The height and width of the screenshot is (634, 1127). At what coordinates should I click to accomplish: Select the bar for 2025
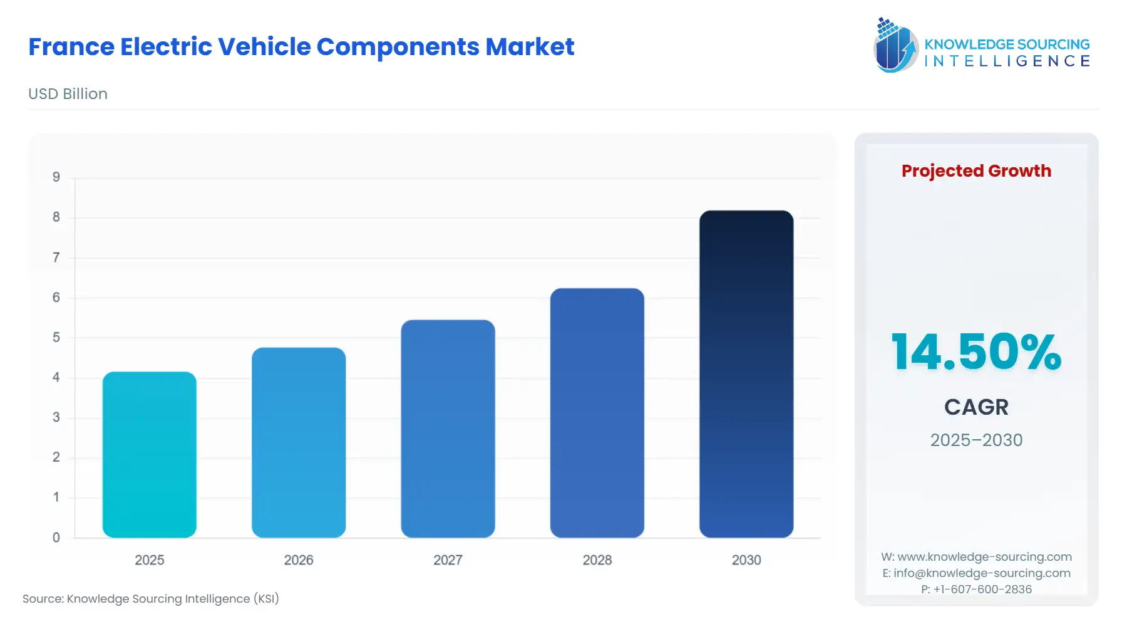(149, 454)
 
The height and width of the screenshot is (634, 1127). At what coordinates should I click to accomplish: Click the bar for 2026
(298, 442)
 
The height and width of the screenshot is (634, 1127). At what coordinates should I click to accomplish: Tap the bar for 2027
(448, 429)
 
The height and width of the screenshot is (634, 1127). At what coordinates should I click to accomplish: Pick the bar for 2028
(597, 413)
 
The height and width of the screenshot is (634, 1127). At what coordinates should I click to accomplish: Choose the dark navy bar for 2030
(746, 374)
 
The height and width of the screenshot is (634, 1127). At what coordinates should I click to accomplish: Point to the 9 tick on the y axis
(56, 177)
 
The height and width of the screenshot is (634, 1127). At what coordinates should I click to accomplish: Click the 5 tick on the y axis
(56, 338)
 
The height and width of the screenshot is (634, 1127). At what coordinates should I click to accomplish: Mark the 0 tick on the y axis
(56, 538)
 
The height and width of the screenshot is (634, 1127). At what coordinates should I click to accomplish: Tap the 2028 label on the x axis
(597, 560)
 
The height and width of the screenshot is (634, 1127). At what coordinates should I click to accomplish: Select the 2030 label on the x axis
(746, 560)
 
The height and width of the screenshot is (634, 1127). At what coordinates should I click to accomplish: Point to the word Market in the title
(530, 47)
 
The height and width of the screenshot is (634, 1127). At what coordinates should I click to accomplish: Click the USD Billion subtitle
(68, 94)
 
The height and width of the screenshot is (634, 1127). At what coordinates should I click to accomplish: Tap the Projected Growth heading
(976, 170)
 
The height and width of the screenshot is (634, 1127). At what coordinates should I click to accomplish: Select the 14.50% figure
(976, 352)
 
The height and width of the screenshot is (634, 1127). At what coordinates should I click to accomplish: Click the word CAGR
(976, 407)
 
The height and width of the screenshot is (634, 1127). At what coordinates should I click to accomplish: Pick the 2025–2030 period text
(976, 440)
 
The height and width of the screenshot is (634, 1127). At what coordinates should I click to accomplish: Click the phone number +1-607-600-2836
(982, 590)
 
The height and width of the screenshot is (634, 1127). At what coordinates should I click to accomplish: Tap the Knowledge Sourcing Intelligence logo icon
(895, 46)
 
